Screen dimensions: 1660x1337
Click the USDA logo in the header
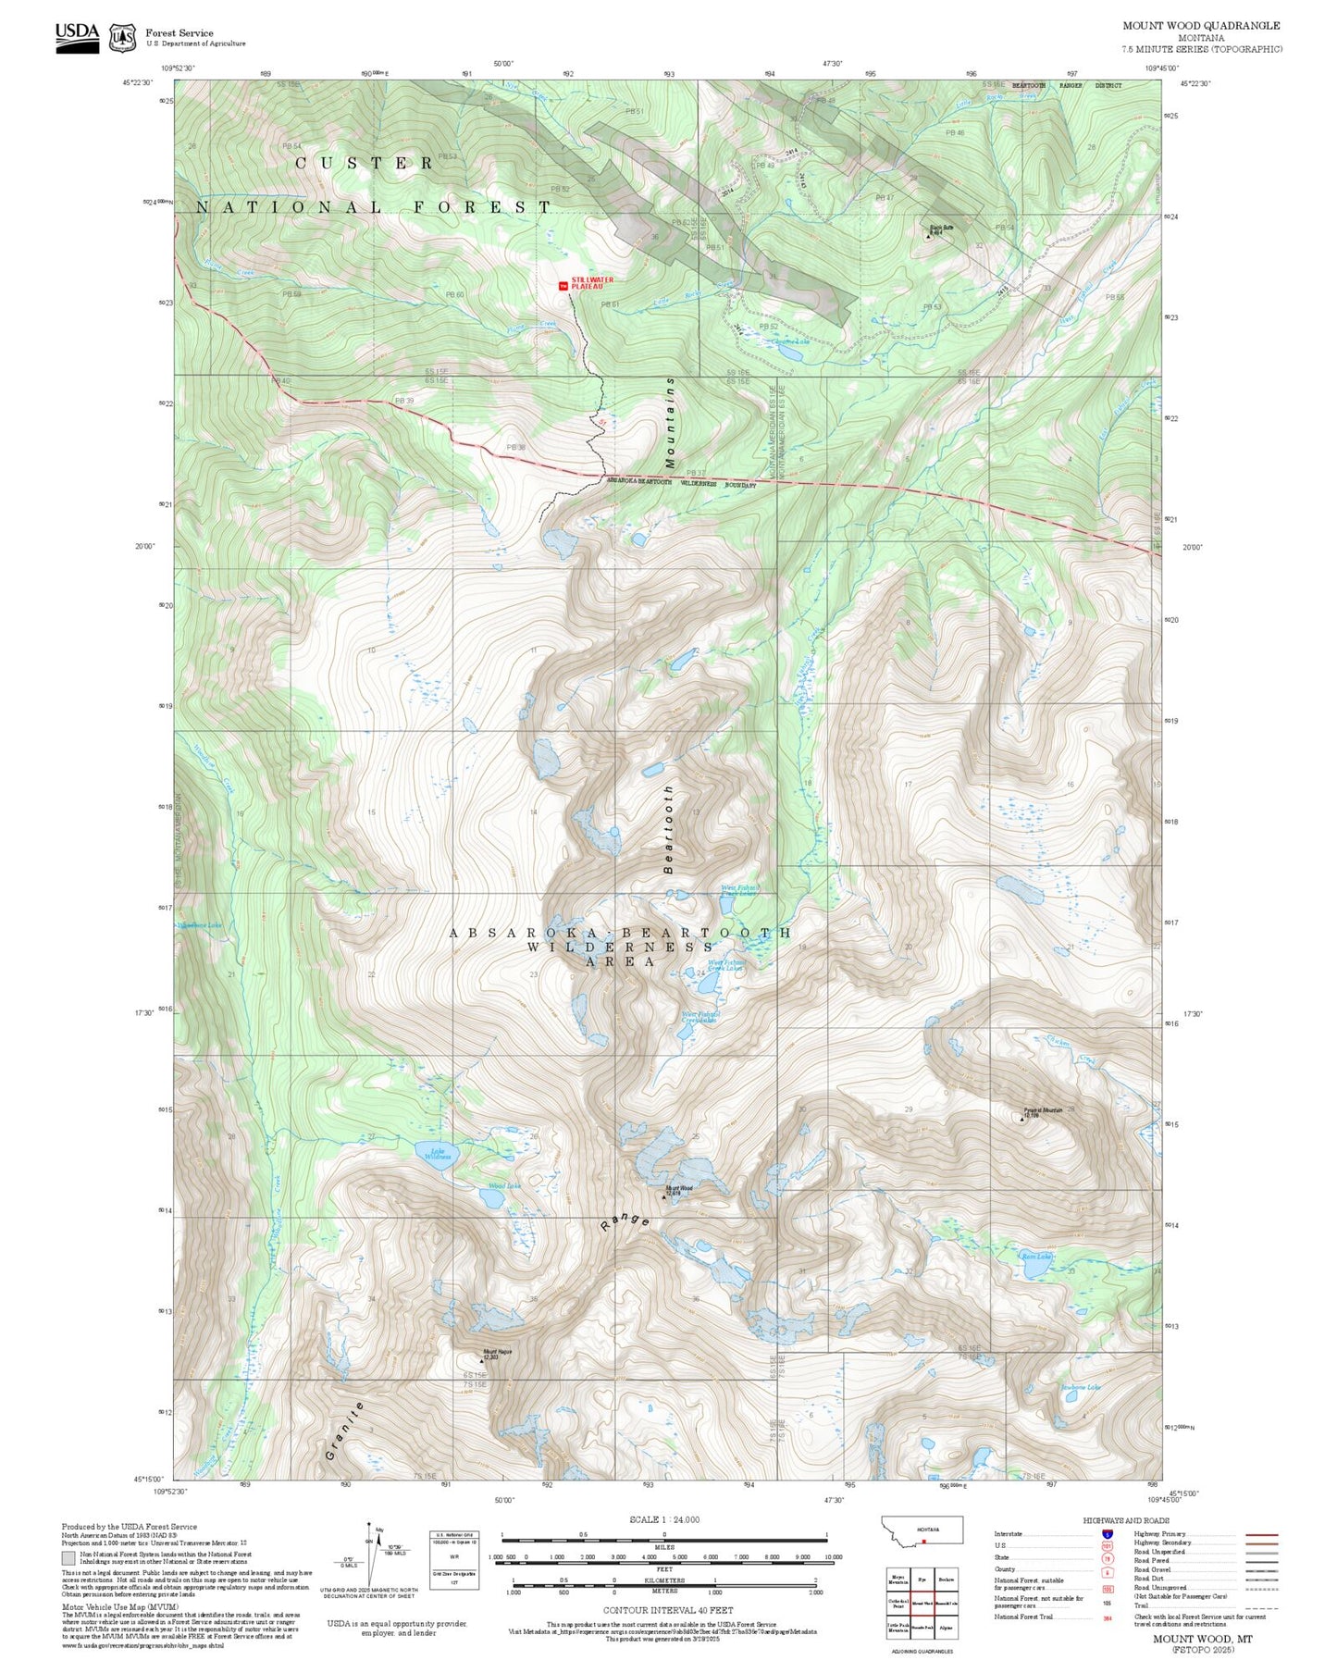(x=77, y=36)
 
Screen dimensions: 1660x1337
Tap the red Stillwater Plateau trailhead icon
(x=563, y=286)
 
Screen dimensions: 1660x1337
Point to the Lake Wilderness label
(x=437, y=1154)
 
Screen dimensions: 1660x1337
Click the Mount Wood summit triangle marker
(x=664, y=1195)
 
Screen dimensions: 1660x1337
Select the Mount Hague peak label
(x=497, y=1353)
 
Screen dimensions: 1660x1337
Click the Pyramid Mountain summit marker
(x=1022, y=1118)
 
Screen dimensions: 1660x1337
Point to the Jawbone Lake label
(x=1080, y=1387)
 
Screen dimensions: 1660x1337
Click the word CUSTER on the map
(x=364, y=164)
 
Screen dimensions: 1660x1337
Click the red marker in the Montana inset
(x=923, y=1542)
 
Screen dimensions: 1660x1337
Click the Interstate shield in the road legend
(x=1107, y=1534)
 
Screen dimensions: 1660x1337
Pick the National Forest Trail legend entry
(x=1023, y=1617)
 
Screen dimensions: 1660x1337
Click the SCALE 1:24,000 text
(x=664, y=1519)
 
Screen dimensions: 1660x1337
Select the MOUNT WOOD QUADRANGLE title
(x=1201, y=26)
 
